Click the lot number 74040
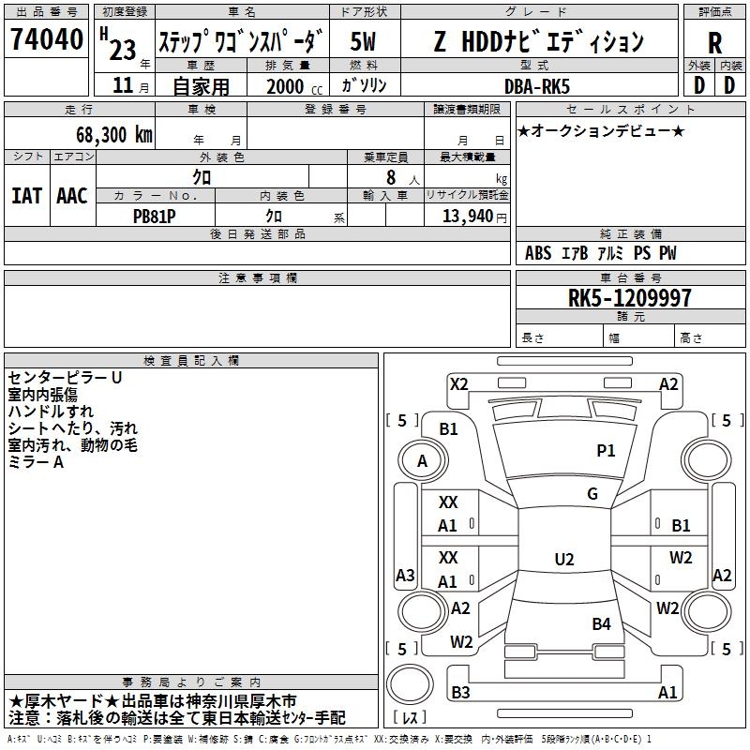(x=47, y=38)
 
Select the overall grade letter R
(x=714, y=43)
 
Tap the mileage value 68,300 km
(x=114, y=135)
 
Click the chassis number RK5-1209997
(x=629, y=298)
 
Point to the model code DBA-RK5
(x=537, y=87)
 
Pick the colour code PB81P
(x=154, y=217)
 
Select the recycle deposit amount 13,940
(x=467, y=217)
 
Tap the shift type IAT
(x=27, y=196)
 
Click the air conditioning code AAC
(x=72, y=196)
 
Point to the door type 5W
(x=363, y=41)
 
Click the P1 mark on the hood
(x=606, y=450)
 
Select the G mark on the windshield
(x=592, y=493)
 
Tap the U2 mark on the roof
(x=564, y=559)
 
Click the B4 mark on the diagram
(x=601, y=623)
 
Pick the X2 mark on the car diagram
(x=459, y=384)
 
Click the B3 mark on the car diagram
(x=460, y=692)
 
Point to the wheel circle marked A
(x=423, y=460)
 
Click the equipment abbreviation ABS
(x=538, y=253)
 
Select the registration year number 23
(x=123, y=51)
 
